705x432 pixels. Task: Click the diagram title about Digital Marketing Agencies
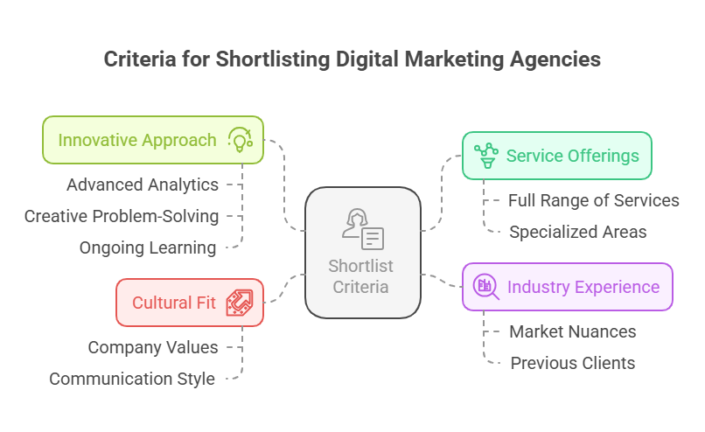(352, 59)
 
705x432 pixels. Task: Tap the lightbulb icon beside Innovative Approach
(240, 140)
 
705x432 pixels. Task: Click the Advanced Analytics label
(143, 185)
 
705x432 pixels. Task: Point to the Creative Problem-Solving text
(122, 216)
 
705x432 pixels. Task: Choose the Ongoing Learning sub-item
(148, 247)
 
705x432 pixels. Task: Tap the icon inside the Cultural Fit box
(239, 303)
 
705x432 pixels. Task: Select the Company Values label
(153, 347)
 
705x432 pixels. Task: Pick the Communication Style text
(132, 379)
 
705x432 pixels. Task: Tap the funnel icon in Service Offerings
(486, 156)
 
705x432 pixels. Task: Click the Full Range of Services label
(594, 200)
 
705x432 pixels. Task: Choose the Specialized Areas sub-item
(578, 232)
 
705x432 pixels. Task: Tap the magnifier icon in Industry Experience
(485, 286)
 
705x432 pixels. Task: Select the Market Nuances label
(573, 331)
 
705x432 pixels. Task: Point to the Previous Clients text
(573, 363)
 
